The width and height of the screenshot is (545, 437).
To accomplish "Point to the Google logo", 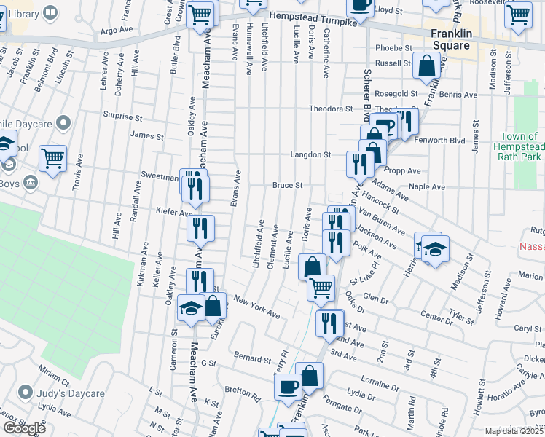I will [x=23, y=428].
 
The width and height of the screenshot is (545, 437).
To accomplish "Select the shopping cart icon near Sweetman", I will [x=52, y=158].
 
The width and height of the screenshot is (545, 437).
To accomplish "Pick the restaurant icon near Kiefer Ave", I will [x=200, y=228].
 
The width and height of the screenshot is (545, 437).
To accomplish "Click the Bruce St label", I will [x=288, y=186].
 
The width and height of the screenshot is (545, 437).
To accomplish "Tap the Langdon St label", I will [x=310, y=154].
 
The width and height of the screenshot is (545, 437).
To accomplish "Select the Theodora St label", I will [x=331, y=109].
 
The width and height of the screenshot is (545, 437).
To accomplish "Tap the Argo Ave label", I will [x=118, y=31].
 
